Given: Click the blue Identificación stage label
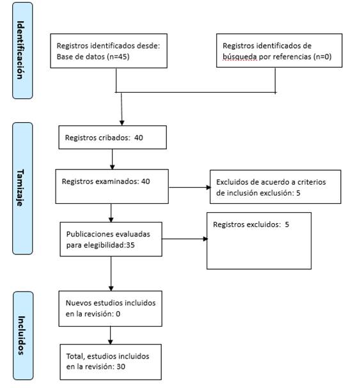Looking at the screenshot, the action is point(22,50).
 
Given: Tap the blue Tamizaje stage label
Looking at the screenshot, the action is point(22,189).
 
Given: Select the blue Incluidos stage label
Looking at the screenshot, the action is point(23,336).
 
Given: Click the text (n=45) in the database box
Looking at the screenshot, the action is point(118,57).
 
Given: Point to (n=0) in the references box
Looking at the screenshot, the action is point(322,57).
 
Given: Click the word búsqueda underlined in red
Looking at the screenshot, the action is point(240,57).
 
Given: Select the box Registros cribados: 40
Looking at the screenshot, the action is point(113,137).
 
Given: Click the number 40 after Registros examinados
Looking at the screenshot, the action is point(146,182).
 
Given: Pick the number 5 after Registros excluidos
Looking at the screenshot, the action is point(287,224).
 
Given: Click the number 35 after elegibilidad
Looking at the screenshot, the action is point(130,245).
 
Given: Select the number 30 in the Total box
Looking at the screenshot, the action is point(121,366).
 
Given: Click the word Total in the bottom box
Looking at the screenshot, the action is point(75,356).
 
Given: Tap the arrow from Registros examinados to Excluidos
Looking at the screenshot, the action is point(189,187).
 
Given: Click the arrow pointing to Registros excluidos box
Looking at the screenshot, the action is point(185,239).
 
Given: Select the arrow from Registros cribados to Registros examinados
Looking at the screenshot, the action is point(112,159).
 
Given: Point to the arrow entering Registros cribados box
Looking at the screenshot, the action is point(121,109).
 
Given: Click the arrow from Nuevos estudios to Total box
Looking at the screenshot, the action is point(111,336).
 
